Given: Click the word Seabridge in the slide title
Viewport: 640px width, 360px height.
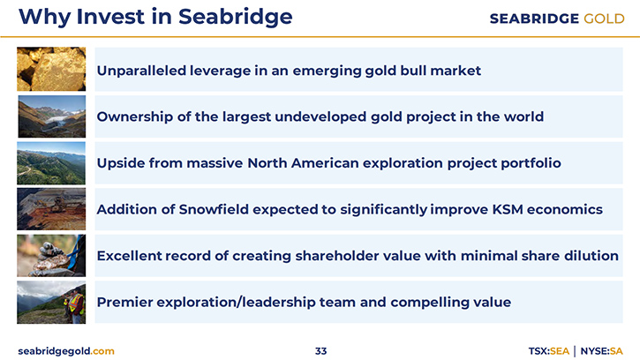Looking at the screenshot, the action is click(235, 18).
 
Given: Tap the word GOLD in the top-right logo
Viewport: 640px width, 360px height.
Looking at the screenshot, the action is click(604, 19).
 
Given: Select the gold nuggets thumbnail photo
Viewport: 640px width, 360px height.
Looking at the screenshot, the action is click(51, 69).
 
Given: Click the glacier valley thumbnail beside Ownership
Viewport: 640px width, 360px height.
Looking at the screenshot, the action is click(52, 116).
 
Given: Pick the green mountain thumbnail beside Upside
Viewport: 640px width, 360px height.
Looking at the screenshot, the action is click(51, 163).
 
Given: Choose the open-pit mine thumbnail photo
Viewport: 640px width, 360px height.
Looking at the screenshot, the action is click(51, 209).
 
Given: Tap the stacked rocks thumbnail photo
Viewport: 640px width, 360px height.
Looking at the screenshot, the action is click(51, 256).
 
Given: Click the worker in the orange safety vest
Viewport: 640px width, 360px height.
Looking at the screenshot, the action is click(75, 304).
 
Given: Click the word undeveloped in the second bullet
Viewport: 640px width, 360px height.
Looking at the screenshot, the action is click(320, 116).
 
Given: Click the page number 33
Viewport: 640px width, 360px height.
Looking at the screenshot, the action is click(320, 351).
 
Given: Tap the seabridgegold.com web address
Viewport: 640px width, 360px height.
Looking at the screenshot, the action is click(66, 351).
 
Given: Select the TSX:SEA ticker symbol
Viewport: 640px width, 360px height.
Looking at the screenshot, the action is click(548, 351).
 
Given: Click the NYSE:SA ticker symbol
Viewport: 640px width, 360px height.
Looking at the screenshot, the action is click(602, 351).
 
